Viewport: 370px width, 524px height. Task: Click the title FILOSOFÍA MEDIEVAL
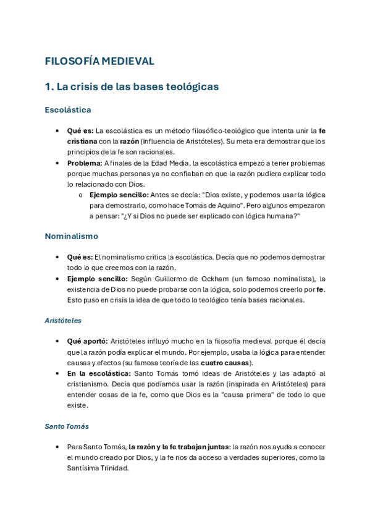(x=99, y=61)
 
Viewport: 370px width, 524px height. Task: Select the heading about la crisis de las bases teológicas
(x=132, y=87)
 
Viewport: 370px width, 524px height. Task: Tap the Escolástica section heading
(x=68, y=110)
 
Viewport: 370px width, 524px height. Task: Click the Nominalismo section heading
(x=71, y=236)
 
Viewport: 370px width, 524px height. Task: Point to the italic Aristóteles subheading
(x=63, y=321)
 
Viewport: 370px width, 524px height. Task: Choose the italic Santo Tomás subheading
(x=67, y=426)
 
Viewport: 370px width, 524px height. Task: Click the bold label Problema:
(x=85, y=163)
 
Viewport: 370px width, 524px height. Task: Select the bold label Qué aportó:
(x=88, y=341)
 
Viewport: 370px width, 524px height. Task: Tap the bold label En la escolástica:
(x=99, y=374)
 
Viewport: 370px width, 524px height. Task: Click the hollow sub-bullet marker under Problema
(x=81, y=195)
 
